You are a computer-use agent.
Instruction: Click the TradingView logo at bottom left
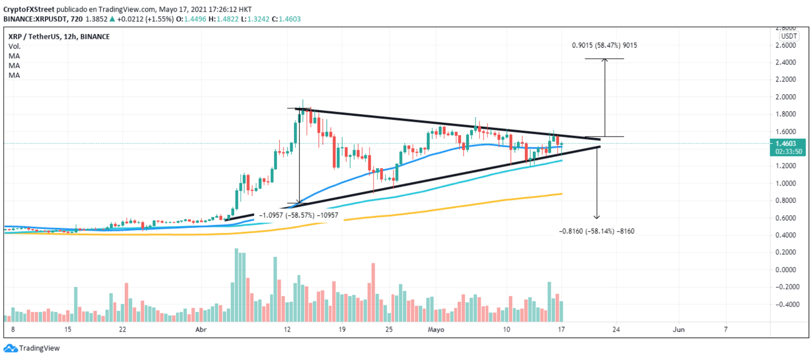(31, 348)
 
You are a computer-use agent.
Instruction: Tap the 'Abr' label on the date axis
(200, 329)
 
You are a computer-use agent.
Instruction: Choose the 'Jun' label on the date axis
(678, 329)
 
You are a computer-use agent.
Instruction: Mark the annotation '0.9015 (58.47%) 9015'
(604, 45)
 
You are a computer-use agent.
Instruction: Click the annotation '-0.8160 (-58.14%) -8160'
(596, 231)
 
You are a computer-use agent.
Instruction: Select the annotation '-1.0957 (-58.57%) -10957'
(299, 216)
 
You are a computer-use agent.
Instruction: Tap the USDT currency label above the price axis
(789, 36)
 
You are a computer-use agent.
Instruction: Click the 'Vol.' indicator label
(14, 47)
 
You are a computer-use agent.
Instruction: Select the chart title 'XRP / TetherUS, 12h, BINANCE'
(59, 36)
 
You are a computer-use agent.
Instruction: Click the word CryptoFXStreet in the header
(29, 9)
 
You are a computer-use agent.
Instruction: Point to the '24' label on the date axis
(615, 329)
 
